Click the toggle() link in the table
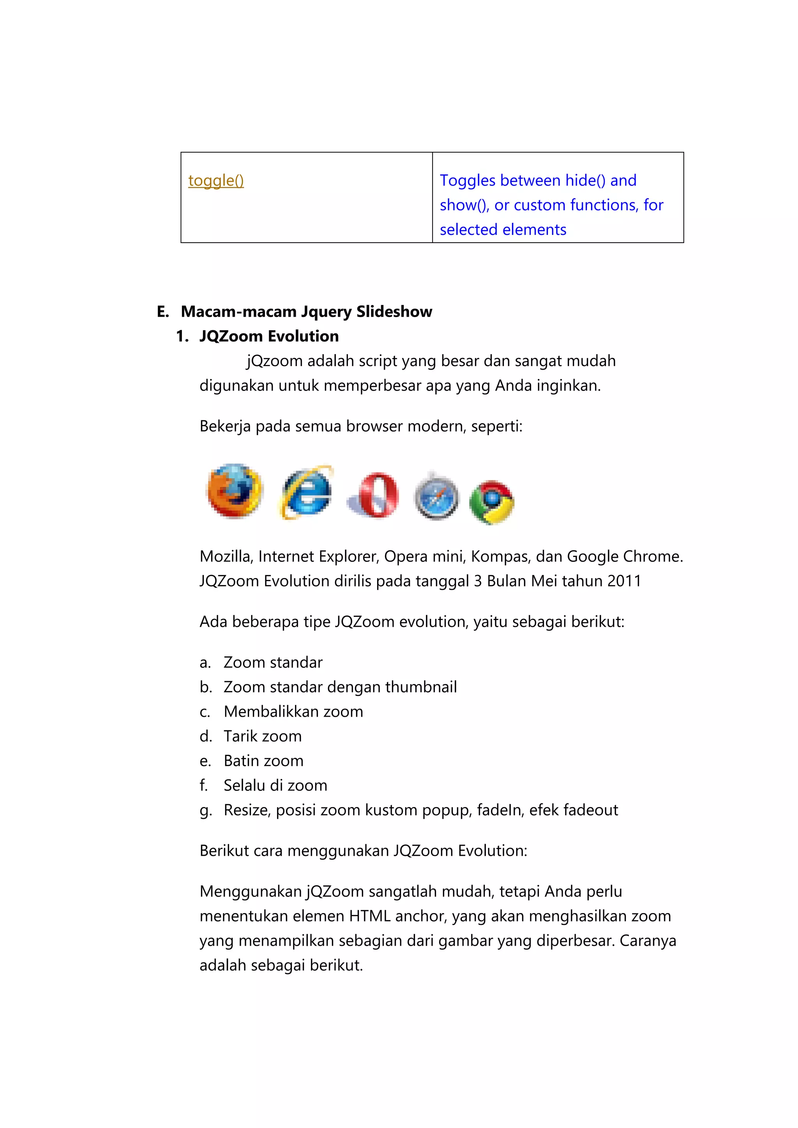tap(216, 181)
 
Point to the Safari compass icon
tap(436, 497)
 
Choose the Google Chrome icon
tap(491, 502)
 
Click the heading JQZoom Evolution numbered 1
tap(269, 336)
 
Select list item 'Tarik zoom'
tap(262, 736)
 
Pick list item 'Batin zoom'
tap(263, 761)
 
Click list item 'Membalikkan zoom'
tap(293, 711)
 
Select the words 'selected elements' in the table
tap(503, 229)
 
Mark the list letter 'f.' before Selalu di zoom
tap(203, 785)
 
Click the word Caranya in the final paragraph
tap(648, 941)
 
